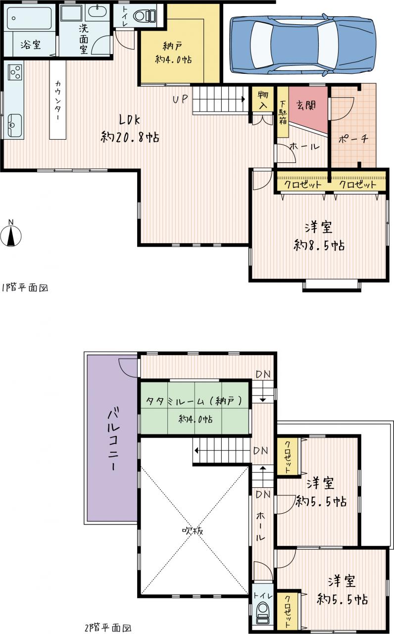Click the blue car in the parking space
point(303,44)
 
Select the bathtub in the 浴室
point(29,18)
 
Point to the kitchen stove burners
point(15,72)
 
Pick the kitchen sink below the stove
point(15,125)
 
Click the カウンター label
point(58,100)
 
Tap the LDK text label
point(129,120)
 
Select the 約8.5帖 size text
point(319,245)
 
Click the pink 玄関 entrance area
point(308,108)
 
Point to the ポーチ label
point(353,139)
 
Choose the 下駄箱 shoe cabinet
point(283,112)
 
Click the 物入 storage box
point(263,99)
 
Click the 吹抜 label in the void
point(193,531)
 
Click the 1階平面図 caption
point(25,288)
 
